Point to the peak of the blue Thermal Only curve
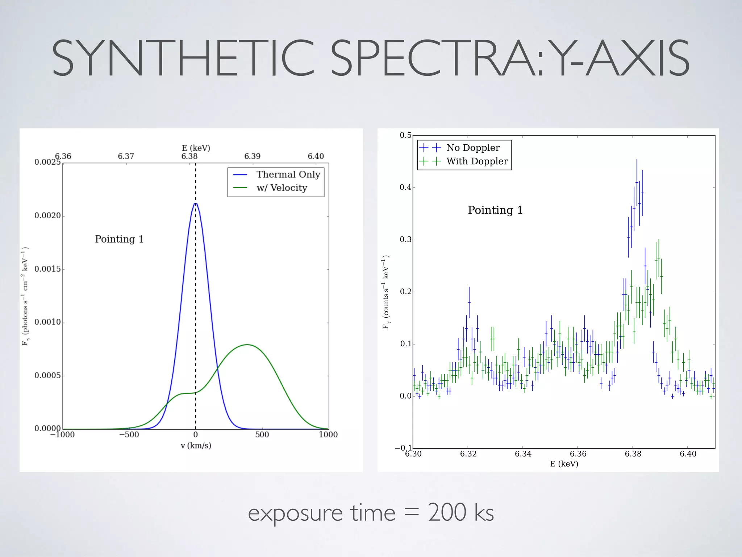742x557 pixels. coord(196,204)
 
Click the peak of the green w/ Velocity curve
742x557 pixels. coord(247,344)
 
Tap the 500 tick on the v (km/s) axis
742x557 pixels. coord(262,434)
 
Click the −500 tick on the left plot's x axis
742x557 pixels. coord(129,434)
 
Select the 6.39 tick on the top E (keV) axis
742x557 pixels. coord(252,156)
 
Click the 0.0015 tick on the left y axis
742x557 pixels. coord(47,269)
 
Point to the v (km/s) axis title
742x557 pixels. coord(196,446)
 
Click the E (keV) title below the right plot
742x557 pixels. coord(564,464)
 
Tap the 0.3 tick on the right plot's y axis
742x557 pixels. coord(405,239)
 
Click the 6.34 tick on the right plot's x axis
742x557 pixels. coord(523,454)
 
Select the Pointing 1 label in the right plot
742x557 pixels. coord(495,210)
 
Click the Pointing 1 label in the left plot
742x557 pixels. coord(119,239)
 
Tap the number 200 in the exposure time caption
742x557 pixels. coord(447,513)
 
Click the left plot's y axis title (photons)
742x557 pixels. coord(25,296)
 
